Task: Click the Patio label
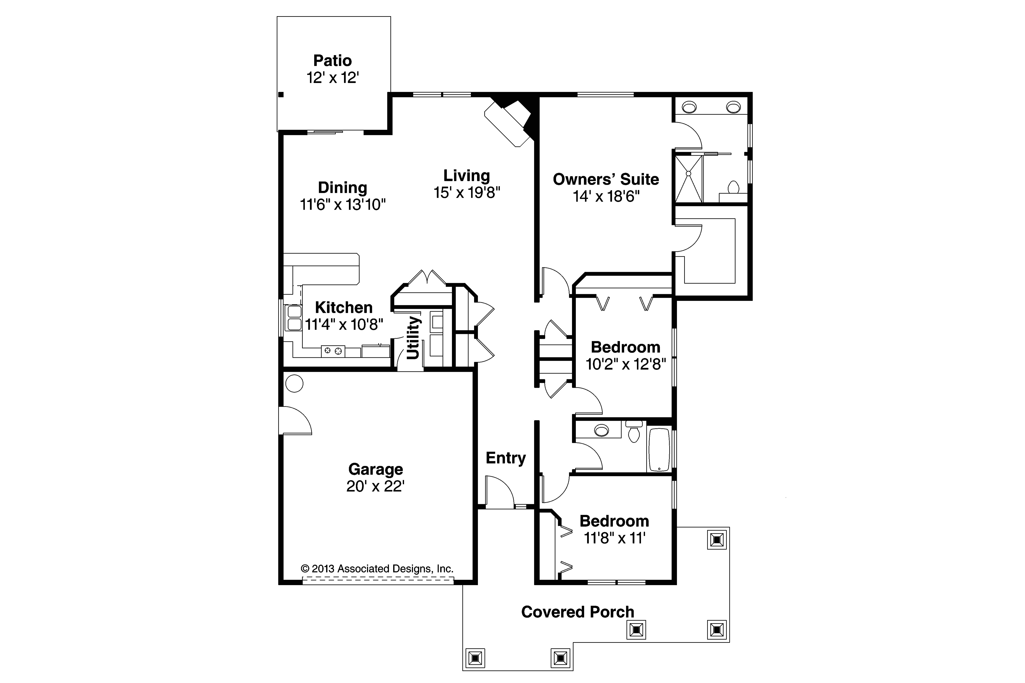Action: coord(332,60)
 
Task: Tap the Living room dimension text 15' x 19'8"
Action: coord(467,193)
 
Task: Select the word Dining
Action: coord(342,188)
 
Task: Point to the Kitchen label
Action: coord(344,308)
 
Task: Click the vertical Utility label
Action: coord(413,338)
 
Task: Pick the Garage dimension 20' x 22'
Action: coord(376,486)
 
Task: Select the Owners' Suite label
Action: coord(605,179)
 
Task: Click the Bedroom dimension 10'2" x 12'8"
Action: coord(626,364)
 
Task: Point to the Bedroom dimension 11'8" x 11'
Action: coord(614,538)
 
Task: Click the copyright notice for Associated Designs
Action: coord(377,568)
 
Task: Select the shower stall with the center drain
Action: coord(689,179)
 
